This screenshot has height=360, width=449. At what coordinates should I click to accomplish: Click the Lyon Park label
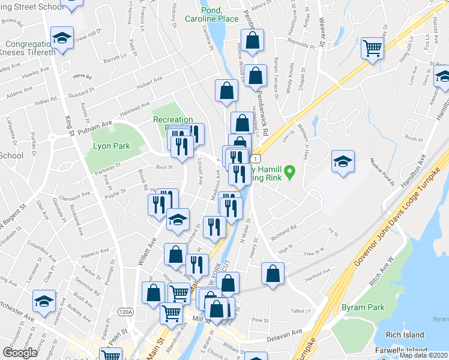coord(109,146)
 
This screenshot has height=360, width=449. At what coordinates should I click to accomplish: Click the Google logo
coord(20,353)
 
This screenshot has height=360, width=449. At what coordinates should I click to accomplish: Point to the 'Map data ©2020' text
coord(423,355)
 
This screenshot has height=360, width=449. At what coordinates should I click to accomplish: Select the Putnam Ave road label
coord(97,124)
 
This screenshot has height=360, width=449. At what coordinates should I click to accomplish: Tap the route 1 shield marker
coord(257,158)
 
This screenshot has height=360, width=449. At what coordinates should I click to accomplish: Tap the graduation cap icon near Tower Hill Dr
coord(61,38)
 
